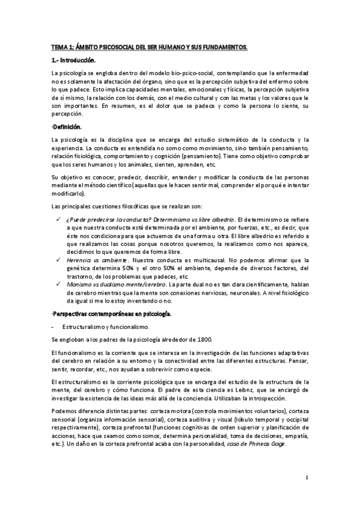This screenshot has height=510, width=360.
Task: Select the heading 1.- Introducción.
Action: coord(73,60)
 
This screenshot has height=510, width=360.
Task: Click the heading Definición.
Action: coord(66,126)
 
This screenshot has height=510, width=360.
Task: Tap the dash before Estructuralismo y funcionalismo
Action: coord(54,327)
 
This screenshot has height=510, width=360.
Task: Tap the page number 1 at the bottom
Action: coord(307,478)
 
